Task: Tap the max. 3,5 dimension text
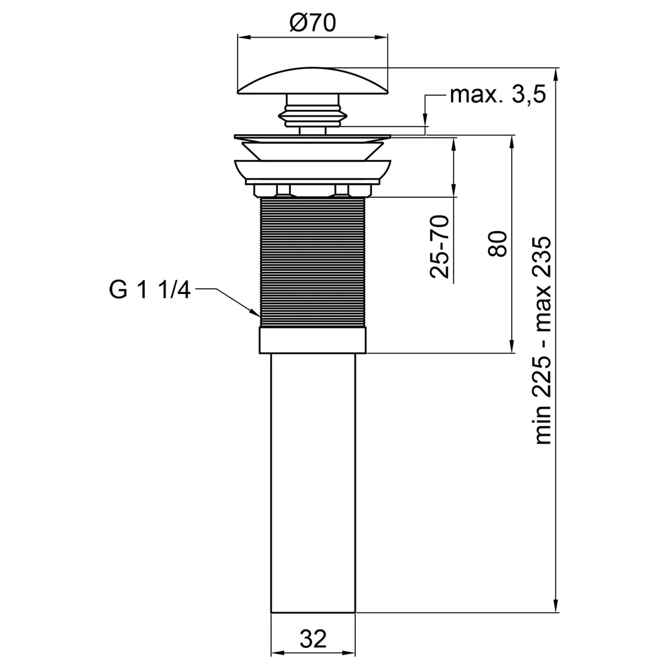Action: (x=498, y=94)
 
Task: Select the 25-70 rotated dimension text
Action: (x=440, y=247)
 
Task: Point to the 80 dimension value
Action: (x=497, y=244)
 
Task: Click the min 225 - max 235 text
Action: (x=543, y=340)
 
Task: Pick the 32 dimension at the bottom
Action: (x=313, y=639)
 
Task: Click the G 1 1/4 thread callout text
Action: (x=149, y=290)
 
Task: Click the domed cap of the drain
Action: (x=312, y=80)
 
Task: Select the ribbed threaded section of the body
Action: (x=312, y=262)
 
